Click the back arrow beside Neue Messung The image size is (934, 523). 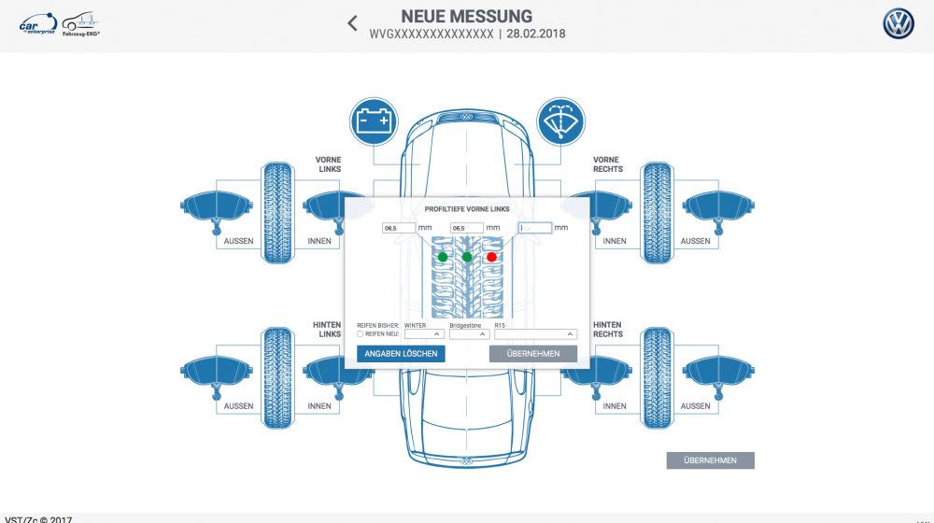(352, 23)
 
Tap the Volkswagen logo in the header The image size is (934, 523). (899, 24)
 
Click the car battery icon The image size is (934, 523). (374, 121)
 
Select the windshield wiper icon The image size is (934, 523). (560, 121)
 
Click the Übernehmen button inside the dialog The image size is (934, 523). (532, 354)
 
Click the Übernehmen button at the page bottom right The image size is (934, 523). (710, 460)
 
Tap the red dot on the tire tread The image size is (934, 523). (491, 257)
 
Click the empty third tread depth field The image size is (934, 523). (535, 228)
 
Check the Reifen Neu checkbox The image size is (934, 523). (361, 333)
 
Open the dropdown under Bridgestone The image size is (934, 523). (469, 333)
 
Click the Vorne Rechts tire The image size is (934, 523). (657, 213)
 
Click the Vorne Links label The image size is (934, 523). (328, 164)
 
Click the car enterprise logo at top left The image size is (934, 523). (38, 23)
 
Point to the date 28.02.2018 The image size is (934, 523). (535, 35)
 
